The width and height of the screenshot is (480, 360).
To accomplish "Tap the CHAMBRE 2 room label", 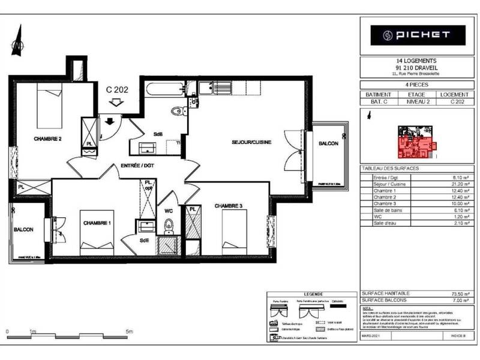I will click(x=48, y=139).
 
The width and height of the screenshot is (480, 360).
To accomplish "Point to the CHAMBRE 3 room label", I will click(x=228, y=206).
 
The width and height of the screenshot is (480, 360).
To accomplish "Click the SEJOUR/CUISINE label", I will click(x=252, y=142).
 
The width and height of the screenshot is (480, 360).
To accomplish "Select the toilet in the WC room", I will click(x=169, y=226).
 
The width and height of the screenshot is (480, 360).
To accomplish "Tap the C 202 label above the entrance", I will click(x=117, y=89).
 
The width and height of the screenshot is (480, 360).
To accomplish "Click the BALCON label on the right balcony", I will click(x=328, y=143).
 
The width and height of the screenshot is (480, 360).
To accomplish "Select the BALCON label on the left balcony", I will click(x=23, y=229).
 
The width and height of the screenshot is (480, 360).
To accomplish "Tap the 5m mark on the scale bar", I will click(x=129, y=331).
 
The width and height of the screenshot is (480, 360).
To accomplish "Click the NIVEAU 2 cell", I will click(x=416, y=102).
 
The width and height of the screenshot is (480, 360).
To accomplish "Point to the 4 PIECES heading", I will click(x=416, y=85).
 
